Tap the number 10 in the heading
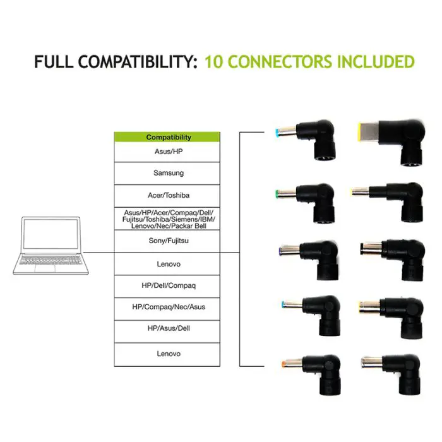click(x=216, y=62)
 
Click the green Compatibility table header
click(x=168, y=137)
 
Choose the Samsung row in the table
click(x=168, y=172)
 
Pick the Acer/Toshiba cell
click(x=168, y=195)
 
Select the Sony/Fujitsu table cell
click(x=168, y=241)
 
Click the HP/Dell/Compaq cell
click(x=168, y=286)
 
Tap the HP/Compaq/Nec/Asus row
click(x=168, y=308)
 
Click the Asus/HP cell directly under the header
click(x=168, y=152)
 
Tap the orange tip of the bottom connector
click(x=279, y=365)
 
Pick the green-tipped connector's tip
click(x=278, y=191)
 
